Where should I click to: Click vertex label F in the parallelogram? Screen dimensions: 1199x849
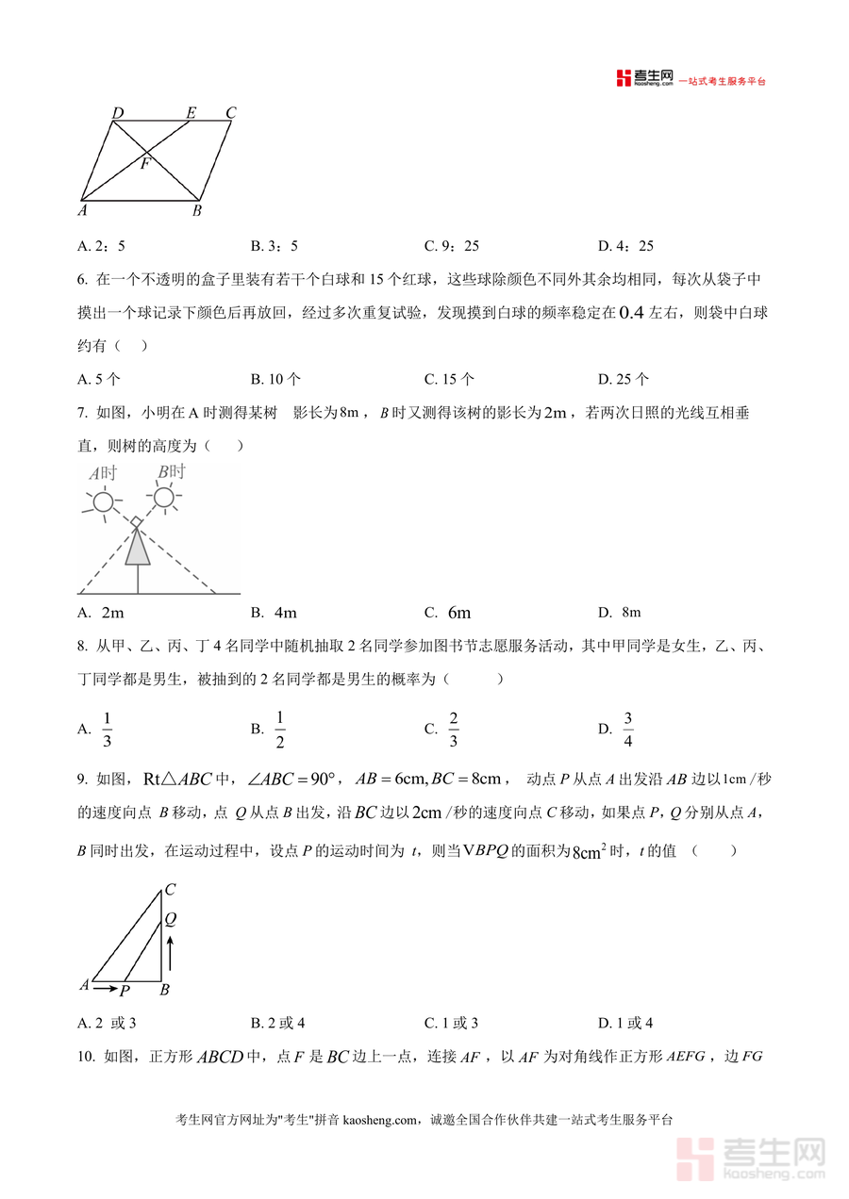(x=144, y=164)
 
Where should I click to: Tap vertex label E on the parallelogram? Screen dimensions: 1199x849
(x=191, y=114)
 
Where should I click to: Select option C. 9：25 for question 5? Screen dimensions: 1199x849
(x=452, y=246)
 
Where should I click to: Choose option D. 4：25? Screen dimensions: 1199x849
(x=625, y=246)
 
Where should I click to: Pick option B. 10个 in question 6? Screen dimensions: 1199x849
(x=275, y=379)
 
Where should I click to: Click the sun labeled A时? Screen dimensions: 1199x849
(x=102, y=502)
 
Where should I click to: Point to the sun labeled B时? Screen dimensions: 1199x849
(x=164, y=497)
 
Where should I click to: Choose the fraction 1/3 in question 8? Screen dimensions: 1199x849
(x=107, y=729)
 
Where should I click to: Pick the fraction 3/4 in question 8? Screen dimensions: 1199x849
(x=627, y=729)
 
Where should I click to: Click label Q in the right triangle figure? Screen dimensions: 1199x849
(x=170, y=918)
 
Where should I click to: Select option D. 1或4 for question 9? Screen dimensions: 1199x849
(x=625, y=1023)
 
